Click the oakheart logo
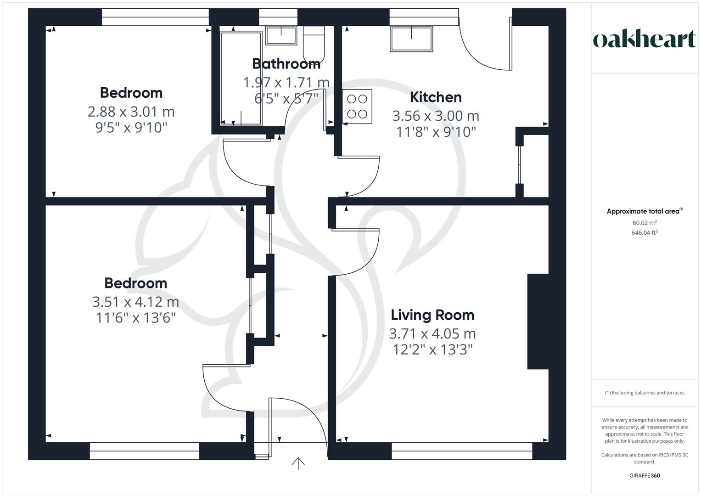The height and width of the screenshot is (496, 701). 644,39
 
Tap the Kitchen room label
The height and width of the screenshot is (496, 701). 436,97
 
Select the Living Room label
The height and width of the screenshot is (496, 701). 432,315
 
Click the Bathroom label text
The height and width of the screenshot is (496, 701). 286,64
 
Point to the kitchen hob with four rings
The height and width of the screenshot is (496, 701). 357,107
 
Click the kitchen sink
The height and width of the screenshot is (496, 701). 411,39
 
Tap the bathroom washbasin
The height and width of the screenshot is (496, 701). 281,35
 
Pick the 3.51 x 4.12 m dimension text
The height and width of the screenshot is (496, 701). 135,302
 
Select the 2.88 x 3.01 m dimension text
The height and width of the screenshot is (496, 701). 131,112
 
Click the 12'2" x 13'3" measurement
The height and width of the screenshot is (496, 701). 432,350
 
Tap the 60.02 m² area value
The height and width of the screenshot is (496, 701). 645,223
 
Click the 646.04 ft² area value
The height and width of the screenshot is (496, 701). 645,233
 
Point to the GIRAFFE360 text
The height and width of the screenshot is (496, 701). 645,475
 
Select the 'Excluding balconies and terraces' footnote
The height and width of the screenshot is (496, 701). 645,393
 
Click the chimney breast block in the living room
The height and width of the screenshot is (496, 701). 538,321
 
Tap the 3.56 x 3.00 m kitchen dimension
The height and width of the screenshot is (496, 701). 436,116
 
